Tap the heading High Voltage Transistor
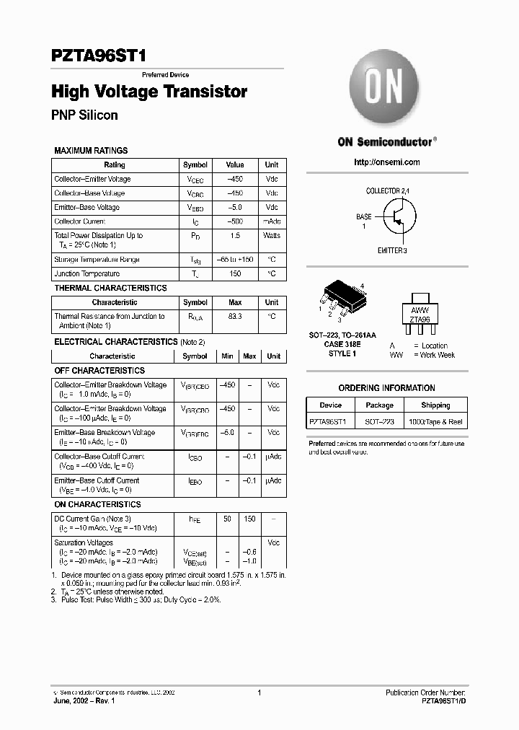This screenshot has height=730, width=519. pyautogui.click(x=149, y=92)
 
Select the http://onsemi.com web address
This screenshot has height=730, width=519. pyautogui.click(x=387, y=162)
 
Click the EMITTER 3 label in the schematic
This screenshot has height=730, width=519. pyautogui.click(x=393, y=250)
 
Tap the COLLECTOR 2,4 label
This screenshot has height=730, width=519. pyautogui.click(x=388, y=190)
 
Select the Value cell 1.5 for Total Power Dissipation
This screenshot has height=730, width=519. pyautogui.click(x=235, y=236)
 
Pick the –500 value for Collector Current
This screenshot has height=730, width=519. pyautogui.click(x=235, y=221)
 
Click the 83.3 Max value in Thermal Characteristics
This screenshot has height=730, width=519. pyautogui.click(x=235, y=317)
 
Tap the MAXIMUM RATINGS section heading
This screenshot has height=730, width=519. pyautogui.click(x=91, y=151)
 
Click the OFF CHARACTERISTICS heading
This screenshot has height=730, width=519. pyautogui.click(x=99, y=370)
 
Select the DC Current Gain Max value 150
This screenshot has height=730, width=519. pyautogui.click(x=249, y=519)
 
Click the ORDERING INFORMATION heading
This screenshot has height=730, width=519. pyautogui.click(x=387, y=388)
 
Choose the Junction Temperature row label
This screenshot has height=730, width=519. pyautogui.click(x=87, y=274)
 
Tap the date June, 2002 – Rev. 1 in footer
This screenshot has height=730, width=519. pyautogui.click(x=84, y=700)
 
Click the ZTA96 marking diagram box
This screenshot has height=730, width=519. pyautogui.click(x=420, y=314)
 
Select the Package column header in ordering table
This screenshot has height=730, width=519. pyautogui.click(x=380, y=405)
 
